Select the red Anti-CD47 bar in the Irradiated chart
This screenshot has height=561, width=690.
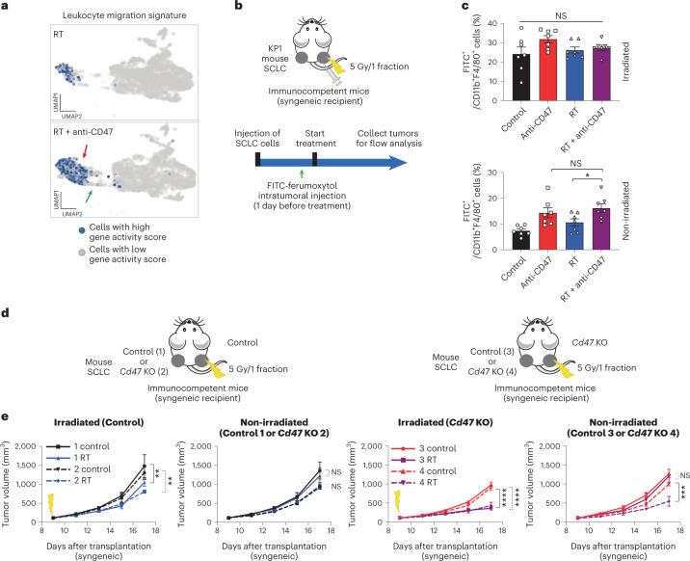[523, 67]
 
